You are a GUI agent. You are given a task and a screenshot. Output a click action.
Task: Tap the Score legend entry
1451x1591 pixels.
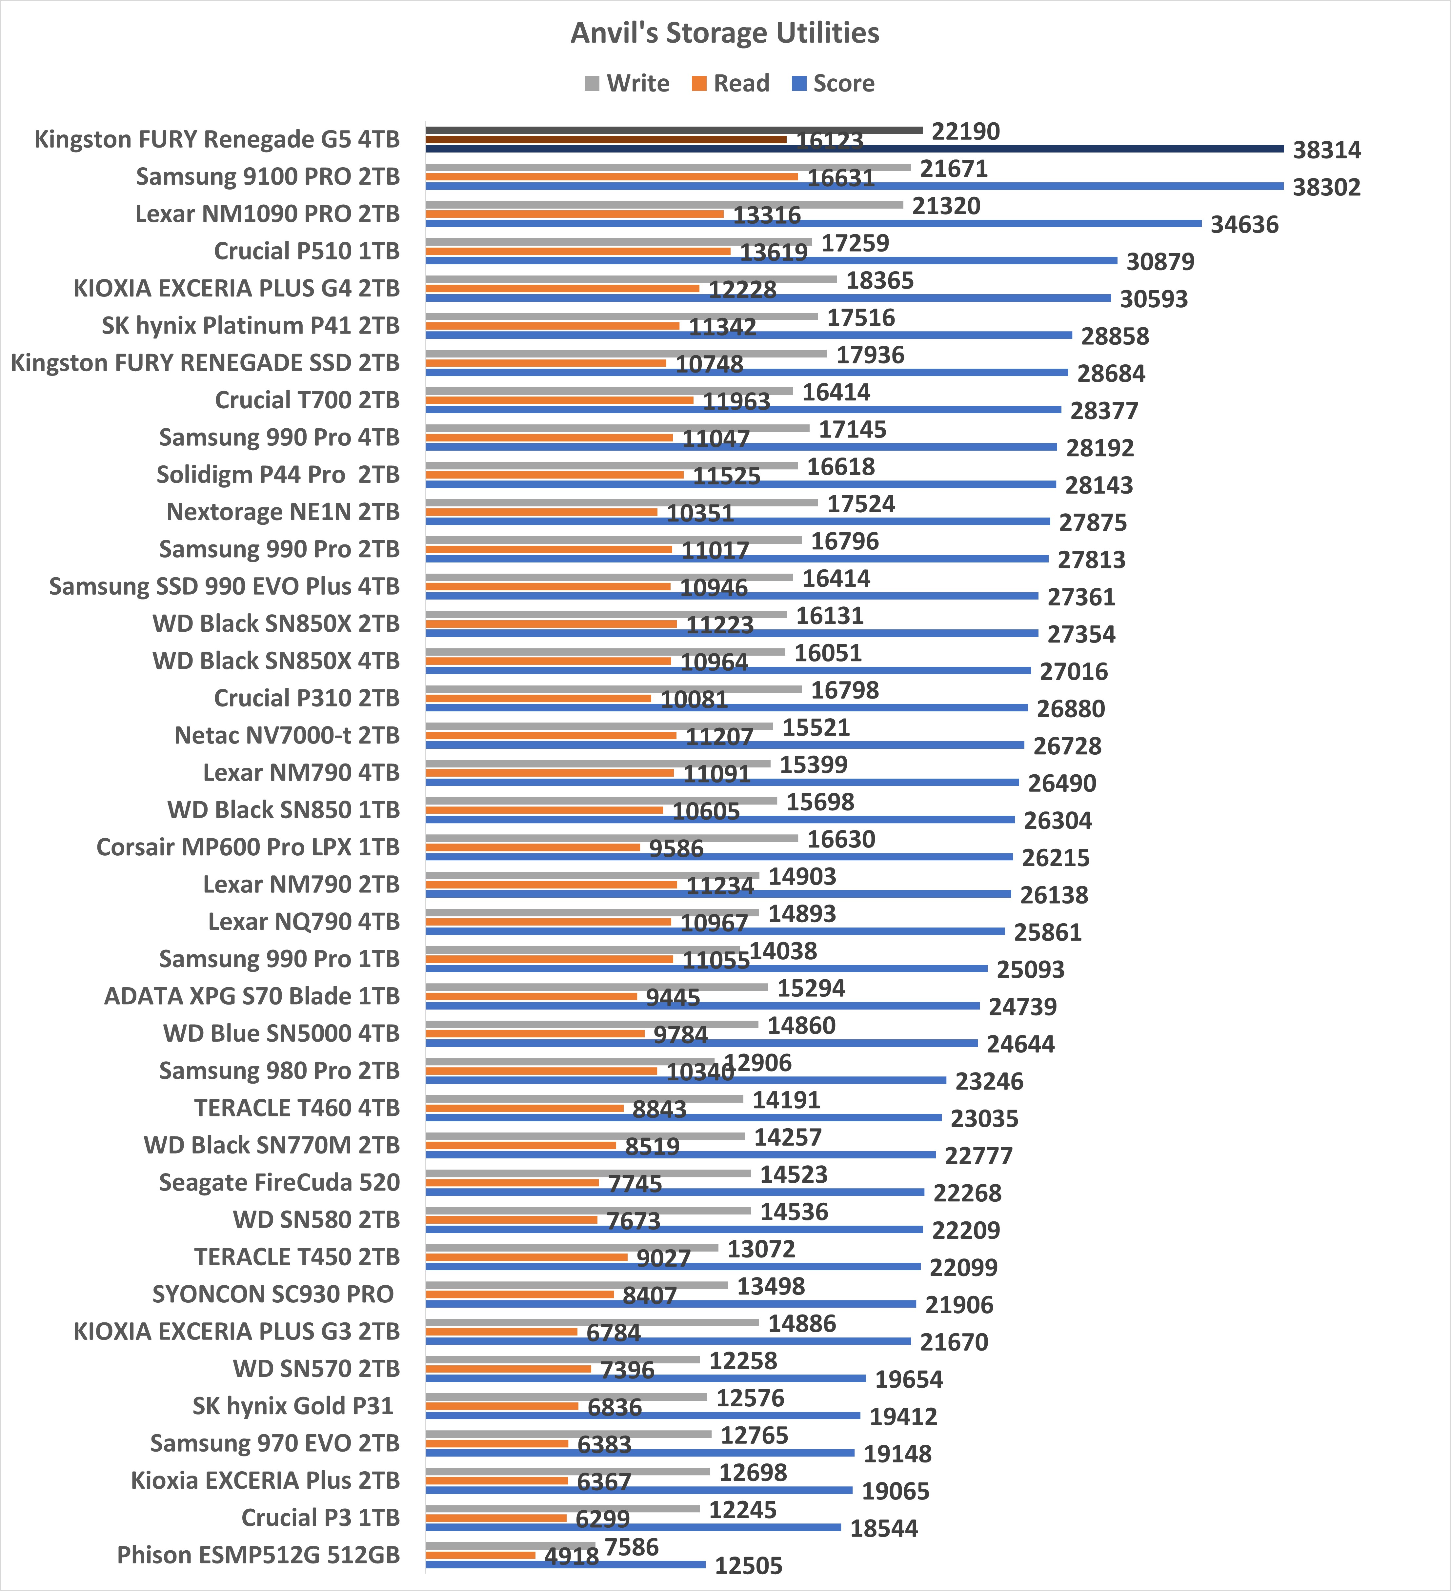[833, 84]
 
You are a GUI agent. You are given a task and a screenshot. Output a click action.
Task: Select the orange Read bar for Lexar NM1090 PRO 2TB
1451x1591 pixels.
[574, 214]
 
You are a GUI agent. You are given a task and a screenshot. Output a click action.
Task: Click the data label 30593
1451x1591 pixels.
[1154, 299]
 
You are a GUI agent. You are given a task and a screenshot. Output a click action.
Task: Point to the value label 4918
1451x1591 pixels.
[571, 1556]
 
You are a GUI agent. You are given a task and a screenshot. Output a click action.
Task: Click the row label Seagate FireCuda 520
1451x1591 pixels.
[279, 1182]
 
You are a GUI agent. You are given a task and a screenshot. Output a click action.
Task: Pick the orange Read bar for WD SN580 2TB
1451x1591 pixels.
[511, 1219]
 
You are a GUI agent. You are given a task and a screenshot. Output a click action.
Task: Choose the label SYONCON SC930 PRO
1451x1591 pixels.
[273, 1294]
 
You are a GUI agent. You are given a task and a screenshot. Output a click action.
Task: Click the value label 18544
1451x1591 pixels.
[884, 1529]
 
